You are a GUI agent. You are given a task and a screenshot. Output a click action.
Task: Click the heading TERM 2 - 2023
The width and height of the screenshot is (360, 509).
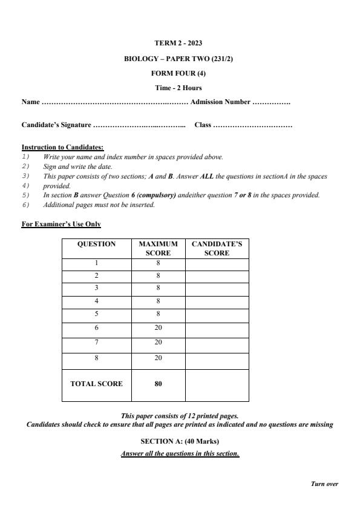point(179,43)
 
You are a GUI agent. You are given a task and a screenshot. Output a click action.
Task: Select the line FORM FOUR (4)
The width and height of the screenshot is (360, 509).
point(179,73)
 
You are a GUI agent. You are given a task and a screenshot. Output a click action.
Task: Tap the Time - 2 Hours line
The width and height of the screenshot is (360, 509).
point(179,88)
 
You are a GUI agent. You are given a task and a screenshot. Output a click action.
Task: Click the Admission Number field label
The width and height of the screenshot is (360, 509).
point(220,102)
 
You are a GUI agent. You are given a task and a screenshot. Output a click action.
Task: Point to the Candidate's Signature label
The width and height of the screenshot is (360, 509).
point(56,125)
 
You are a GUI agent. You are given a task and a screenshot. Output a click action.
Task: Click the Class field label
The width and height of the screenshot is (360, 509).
point(203,125)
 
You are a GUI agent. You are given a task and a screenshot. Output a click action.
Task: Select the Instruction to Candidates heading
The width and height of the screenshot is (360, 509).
point(63,147)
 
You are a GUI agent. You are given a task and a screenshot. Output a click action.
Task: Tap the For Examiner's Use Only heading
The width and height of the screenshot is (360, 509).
point(61,225)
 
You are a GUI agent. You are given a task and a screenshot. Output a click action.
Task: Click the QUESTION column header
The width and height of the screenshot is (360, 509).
point(96,245)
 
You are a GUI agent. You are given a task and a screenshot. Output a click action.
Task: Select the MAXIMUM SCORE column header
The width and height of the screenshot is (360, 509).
point(158,249)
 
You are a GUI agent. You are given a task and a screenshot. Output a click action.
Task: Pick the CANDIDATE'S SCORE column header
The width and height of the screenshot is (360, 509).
point(217,249)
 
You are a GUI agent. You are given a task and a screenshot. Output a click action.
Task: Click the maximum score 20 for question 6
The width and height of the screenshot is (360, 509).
point(158,327)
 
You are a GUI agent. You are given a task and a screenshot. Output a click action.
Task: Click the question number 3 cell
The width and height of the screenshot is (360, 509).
point(96,288)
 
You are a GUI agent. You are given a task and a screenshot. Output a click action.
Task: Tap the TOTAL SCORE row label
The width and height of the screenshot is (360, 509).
point(96,384)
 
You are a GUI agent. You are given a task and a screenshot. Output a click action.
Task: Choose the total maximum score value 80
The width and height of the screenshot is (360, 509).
point(158,384)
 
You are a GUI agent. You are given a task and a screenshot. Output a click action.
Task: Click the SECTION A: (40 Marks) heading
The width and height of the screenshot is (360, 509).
point(180,441)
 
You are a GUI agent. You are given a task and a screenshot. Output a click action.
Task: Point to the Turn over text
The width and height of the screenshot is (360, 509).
point(324,484)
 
